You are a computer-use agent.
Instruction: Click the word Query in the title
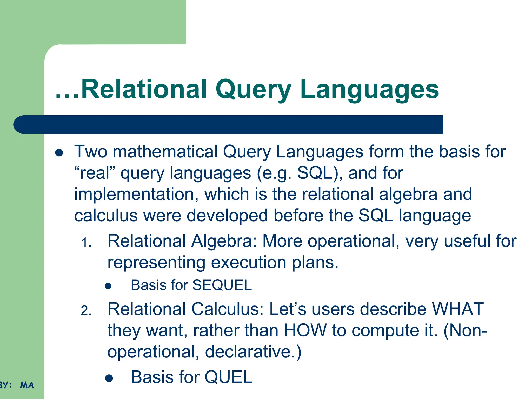click(x=253, y=90)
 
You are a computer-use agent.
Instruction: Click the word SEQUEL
click(x=222, y=285)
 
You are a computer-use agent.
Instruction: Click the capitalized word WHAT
click(x=457, y=309)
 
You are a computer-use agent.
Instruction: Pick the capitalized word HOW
click(x=305, y=330)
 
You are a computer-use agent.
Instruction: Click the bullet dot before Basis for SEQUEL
click(x=108, y=286)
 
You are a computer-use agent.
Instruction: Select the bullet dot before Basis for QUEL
click(x=109, y=378)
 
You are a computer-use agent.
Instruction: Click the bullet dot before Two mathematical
click(x=59, y=153)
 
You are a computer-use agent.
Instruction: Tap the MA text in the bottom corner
click(x=27, y=385)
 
